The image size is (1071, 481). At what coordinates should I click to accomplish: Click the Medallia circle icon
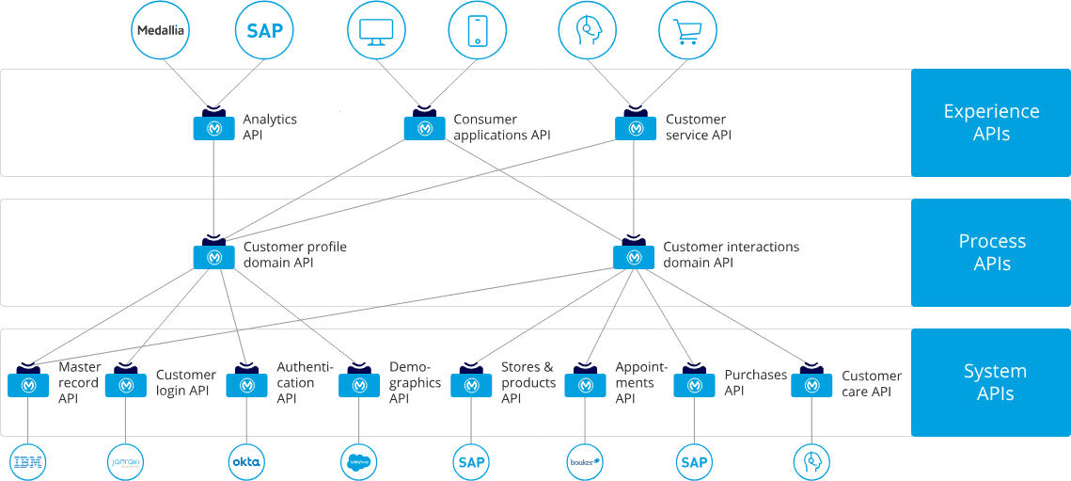click(162, 30)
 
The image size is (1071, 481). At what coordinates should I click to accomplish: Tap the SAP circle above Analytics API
click(264, 30)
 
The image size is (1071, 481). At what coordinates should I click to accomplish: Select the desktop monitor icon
click(375, 30)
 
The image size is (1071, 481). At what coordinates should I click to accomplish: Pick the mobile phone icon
click(476, 30)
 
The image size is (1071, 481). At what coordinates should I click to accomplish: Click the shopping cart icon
click(688, 30)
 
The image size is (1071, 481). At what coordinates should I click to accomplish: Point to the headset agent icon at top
click(589, 30)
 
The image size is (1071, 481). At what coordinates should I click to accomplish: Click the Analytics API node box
click(213, 127)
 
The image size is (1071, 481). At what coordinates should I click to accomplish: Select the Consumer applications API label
click(501, 127)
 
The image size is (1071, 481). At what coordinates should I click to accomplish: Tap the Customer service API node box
click(636, 127)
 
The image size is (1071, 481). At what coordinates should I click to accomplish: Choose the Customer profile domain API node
click(213, 256)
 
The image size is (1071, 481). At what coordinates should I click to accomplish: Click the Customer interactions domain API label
click(731, 254)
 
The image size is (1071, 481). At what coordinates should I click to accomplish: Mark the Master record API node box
click(27, 384)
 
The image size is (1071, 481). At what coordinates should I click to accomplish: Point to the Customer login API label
click(185, 382)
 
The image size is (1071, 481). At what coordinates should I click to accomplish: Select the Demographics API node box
click(359, 384)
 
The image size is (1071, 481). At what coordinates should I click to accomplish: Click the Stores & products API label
click(528, 382)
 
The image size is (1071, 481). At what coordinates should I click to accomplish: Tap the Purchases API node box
click(694, 384)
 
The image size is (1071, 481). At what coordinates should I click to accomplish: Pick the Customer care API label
click(872, 383)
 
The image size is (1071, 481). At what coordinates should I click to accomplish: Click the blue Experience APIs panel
click(991, 122)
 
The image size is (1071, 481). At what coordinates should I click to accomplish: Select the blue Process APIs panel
click(991, 252)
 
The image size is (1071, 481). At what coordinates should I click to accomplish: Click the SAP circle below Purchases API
click(694, 461)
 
